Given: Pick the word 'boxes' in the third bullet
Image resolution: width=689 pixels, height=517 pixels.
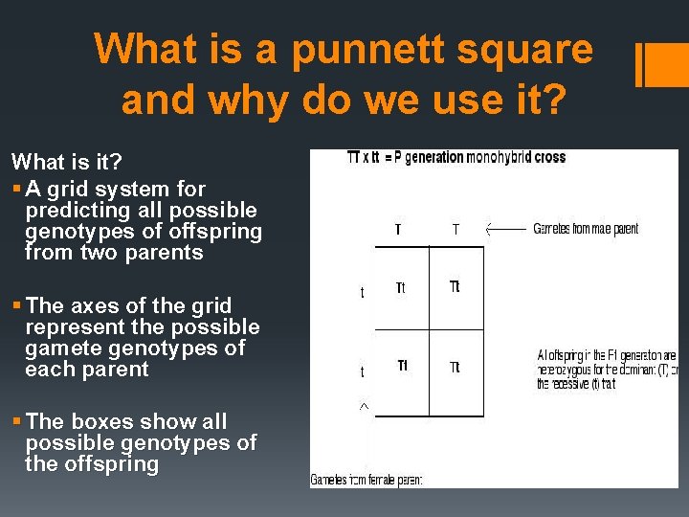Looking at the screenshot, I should point(100,421).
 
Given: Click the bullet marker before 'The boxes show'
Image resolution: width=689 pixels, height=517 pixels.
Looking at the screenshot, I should point(16,422).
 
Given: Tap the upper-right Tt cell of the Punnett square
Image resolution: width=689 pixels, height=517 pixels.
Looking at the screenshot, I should point(455,287).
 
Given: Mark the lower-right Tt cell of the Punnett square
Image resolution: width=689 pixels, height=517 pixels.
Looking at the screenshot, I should point(455,367).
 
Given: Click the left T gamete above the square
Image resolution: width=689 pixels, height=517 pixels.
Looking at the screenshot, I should point(399,229).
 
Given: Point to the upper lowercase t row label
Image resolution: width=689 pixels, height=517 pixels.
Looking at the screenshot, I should point(362,293).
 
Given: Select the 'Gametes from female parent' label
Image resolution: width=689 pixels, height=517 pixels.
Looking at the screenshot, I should point(367,479).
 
